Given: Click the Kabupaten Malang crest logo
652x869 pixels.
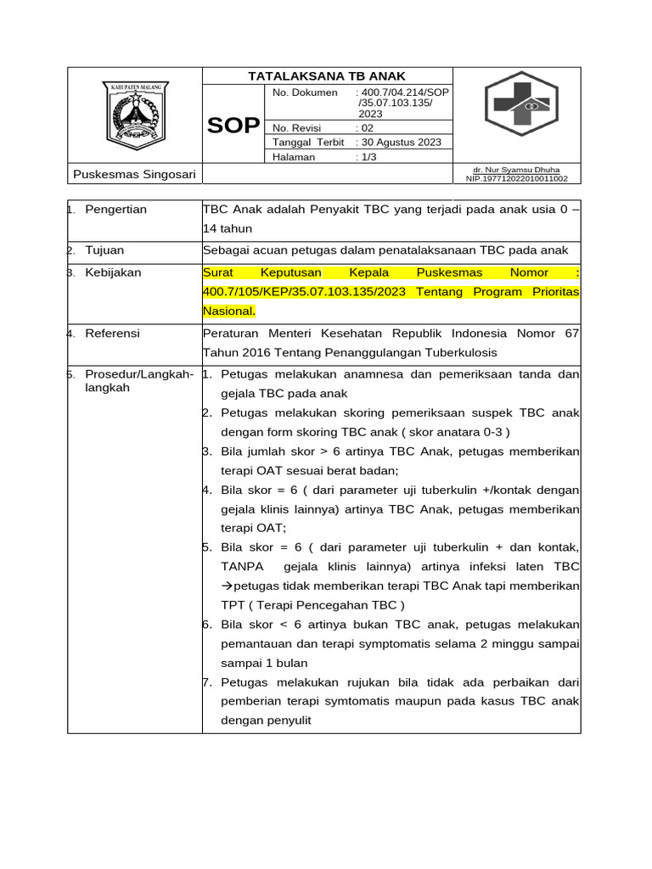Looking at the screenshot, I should (x=136, y=114).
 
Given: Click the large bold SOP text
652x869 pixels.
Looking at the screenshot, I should (x=233, y=126).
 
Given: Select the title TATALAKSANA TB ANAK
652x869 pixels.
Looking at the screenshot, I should (x=327, y=76).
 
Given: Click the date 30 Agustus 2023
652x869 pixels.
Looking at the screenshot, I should (x=399, y=143).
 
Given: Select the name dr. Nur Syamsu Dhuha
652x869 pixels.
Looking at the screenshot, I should (x=516, y=170).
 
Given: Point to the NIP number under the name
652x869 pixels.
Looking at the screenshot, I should (x=517, y=179).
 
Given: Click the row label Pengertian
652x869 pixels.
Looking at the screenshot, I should (x=115, y=210).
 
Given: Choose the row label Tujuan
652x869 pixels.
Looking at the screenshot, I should (x=104, y=250).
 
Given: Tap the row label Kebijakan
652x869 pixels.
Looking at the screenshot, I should (x=113, y=273).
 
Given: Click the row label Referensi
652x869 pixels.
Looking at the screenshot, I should (x=112, y=334).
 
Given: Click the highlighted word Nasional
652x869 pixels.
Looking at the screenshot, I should (x=228, y=311).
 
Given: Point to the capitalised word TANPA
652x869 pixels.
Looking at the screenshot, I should (x=242, y=566).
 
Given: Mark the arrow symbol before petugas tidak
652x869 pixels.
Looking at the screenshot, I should (x=227, y=586).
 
